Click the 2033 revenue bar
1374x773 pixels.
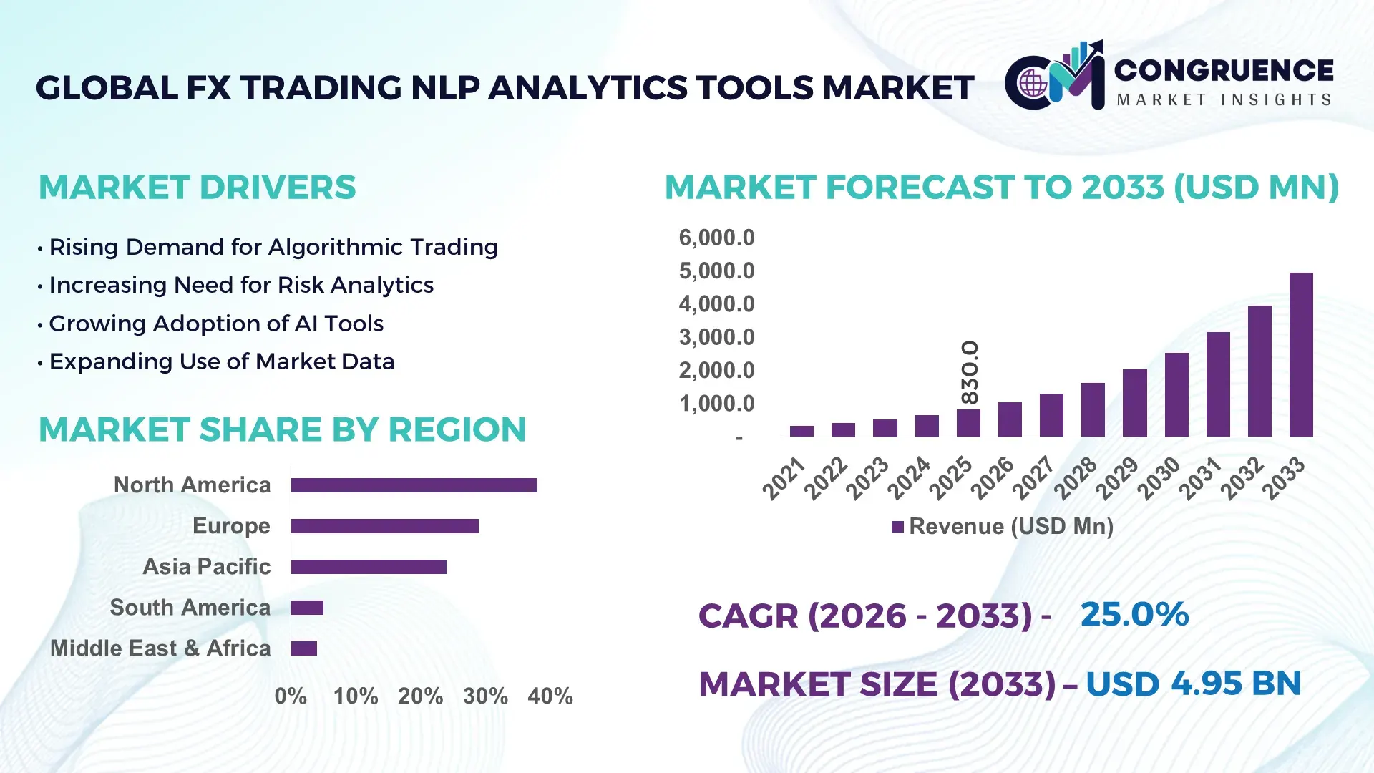pos(1301,355)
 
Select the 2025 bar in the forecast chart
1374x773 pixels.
pos(968,423)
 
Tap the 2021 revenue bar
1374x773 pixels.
pos(801,431)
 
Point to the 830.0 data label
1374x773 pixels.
pos(970,372)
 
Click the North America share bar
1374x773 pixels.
pos(414,485)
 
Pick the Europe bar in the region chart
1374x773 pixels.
pos(384,526)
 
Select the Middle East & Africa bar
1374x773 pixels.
pos(304,648)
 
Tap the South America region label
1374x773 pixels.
pos(190,608)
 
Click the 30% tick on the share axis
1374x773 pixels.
pos(485,696)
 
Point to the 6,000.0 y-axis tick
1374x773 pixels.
pos(716,238)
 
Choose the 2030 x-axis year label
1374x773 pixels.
pos(1159,478)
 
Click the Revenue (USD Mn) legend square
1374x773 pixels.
pos(897,528)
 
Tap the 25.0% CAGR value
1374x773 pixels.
pos(1134,615)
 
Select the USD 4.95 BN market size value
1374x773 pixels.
pos(1193,684)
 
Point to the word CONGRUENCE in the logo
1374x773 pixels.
pos(1224,70)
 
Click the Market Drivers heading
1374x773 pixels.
pos(198,188)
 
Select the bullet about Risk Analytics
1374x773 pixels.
pos(241,285)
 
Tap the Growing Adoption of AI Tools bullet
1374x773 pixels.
pos(216,324)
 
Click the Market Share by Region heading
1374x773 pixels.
pos(283,429)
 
